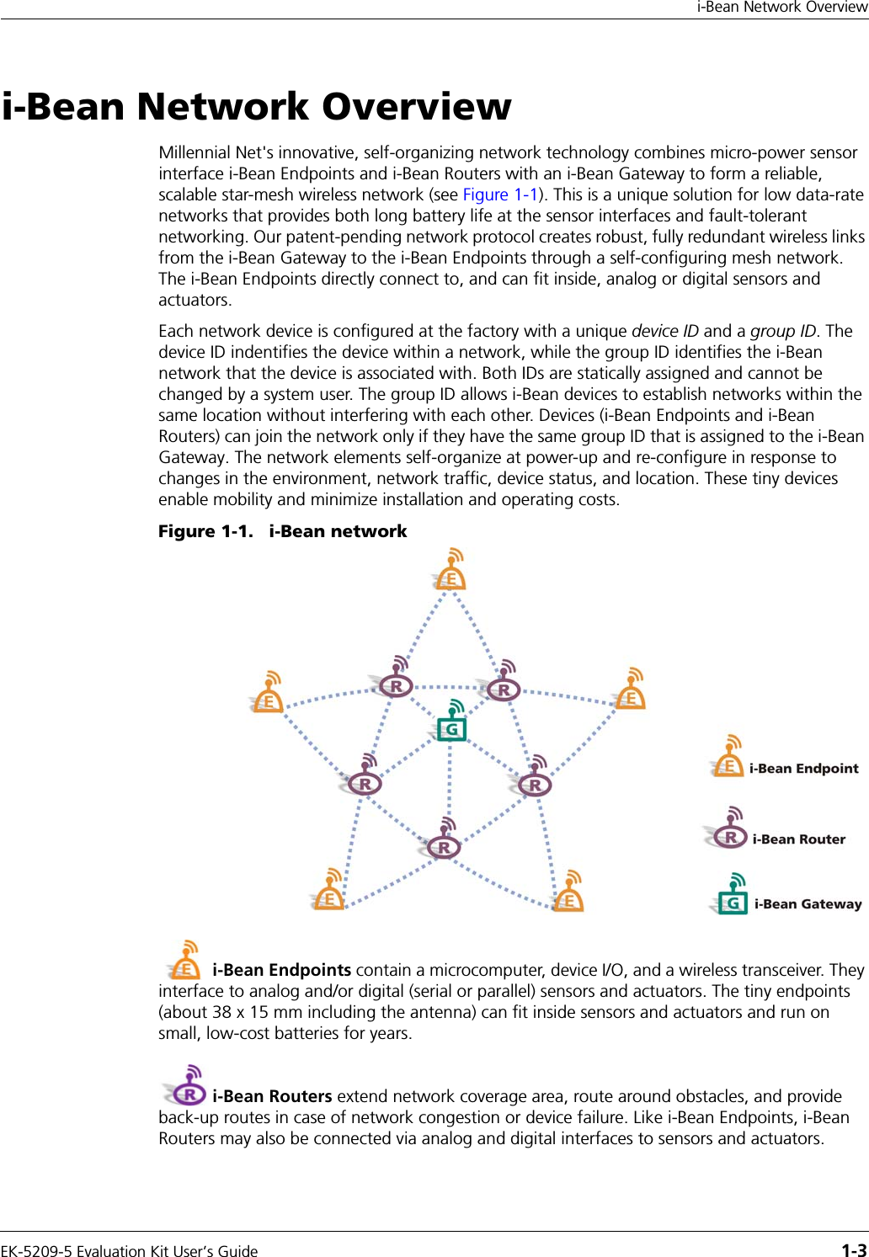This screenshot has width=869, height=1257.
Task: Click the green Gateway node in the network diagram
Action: [451, 726]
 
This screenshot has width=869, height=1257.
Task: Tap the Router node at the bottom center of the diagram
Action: [444, 845]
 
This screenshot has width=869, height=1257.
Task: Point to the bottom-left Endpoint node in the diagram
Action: [328, 896]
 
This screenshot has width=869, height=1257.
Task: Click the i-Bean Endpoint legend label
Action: [803, 769]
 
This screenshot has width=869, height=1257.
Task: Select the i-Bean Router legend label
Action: [798, 839]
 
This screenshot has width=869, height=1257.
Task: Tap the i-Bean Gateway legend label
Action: [808, 904]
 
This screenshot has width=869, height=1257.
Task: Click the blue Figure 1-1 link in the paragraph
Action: [500, 194]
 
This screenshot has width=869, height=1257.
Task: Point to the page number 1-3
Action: [854, 1250]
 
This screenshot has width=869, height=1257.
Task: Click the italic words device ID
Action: [665, 331]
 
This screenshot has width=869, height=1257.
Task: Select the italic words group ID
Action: [783, 331]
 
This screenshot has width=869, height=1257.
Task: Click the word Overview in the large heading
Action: [416, 107]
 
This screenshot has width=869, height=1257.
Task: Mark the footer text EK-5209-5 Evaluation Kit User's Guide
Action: [130, 1251]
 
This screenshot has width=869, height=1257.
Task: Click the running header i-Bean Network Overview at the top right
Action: [781, 8]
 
